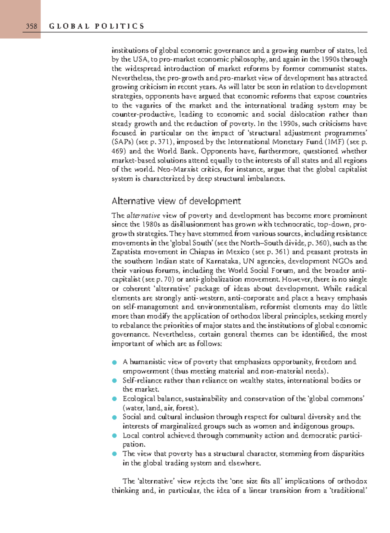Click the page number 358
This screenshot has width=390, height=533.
click(x=32, y=26)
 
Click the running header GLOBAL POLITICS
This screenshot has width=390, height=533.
click(x=97, y=26)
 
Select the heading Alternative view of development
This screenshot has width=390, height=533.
click(x=176, y=201)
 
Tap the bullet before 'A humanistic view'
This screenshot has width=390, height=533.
click(x=114, y=362)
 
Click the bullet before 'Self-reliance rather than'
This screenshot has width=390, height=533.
click(x=114, y=381)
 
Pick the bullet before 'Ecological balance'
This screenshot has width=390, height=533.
click(x=114, y=399)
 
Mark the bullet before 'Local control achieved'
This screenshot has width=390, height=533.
click(x=114, y=435)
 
